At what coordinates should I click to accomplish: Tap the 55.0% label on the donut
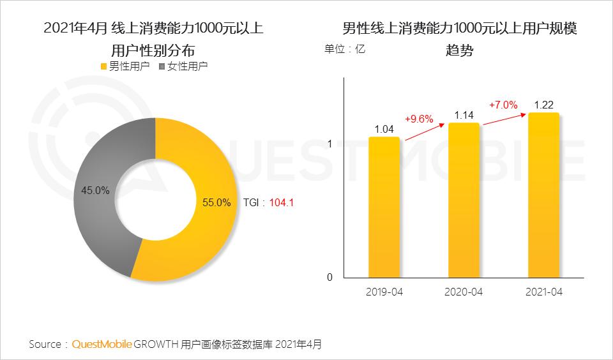tap(216, 203)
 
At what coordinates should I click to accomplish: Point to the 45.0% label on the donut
tap(95, 190)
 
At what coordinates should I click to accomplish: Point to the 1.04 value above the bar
tap(384, 129)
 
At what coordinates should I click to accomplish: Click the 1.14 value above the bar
tap(464, 116)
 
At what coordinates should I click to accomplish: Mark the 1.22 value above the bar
tap(544, 105)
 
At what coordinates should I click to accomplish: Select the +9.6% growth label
tap(419, 119)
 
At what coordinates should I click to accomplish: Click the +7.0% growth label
tap(503, 105)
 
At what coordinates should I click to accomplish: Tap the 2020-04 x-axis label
tap(463, 292)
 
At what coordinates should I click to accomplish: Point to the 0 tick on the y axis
tap(329, 278)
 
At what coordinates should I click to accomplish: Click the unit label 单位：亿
tap(345, 49)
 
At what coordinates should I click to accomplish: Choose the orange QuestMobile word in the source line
tap(102, 344)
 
